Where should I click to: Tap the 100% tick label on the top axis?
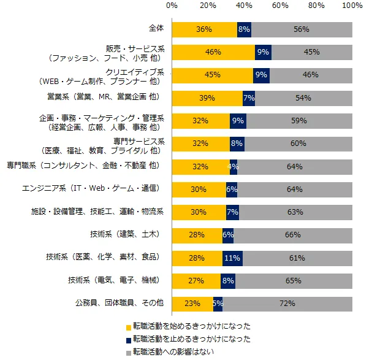352,6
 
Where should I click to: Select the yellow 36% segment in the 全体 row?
204,29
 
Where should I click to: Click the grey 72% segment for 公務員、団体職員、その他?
287,304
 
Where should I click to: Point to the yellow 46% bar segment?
213,52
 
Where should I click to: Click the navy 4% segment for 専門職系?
233,166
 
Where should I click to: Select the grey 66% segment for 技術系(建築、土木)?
293,235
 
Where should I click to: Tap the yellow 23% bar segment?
192,304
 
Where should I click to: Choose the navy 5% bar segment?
218,304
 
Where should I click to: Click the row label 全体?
156,29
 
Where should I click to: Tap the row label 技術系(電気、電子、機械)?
117,280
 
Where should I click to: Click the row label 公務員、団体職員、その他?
120,304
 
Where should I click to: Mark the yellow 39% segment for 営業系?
207,98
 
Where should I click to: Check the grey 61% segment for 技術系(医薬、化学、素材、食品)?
297,258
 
